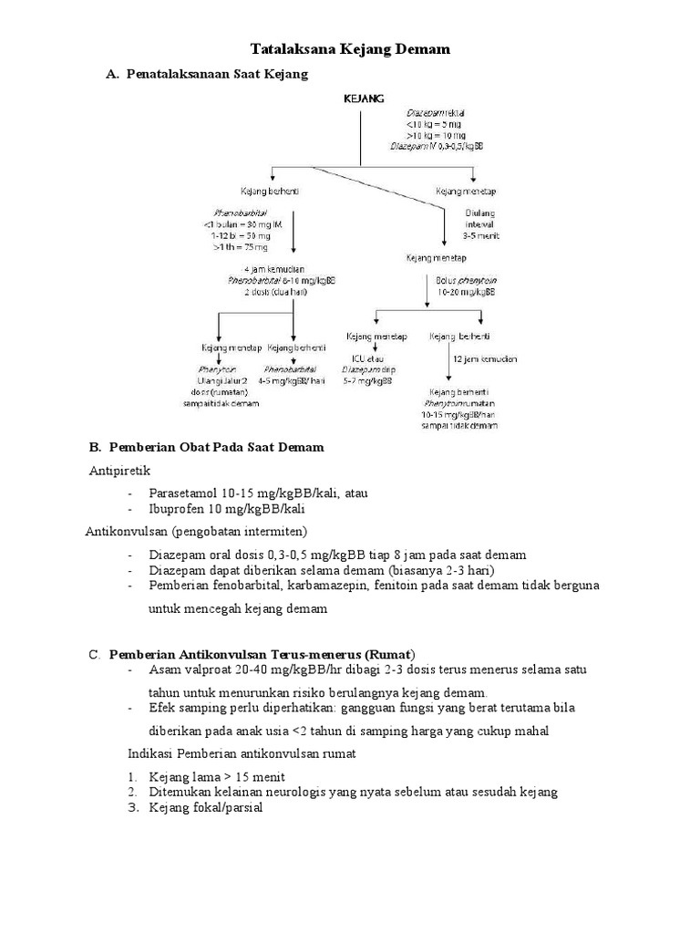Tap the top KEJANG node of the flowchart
363,97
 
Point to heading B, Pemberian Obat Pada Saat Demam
215,447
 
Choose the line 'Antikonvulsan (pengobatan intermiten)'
196,531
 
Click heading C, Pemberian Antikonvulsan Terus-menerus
262,654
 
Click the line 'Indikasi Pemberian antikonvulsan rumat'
241,754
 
